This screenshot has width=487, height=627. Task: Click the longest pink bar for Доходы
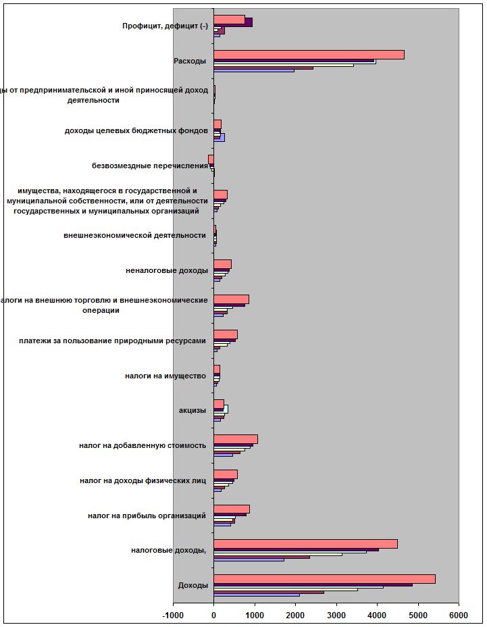(324, 579)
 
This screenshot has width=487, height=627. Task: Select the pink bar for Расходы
(309, 55)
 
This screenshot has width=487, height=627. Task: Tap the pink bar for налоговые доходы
(305, 544)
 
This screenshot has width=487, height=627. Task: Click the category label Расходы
(190, 61)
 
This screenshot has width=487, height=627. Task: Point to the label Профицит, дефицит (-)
(165, 26)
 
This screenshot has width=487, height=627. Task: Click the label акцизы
(193, 410)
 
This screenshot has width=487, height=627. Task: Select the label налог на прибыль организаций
(147, 516)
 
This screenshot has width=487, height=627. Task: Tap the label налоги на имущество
(165, 375)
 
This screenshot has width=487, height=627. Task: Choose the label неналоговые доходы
(167, 270)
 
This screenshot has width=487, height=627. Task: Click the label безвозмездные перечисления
(149, 166)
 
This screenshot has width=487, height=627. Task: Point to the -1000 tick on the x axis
(172, 615)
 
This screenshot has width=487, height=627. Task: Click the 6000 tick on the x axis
(459, 615)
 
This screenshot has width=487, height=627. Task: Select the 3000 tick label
(336, 615)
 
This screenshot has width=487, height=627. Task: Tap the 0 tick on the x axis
(213, 615)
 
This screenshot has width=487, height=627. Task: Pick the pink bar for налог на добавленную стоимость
(236, 439)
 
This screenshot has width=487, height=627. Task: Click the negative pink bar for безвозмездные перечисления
(211, 159)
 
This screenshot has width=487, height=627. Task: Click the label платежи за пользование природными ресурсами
(112, 341)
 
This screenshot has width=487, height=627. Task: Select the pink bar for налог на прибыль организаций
(232, 509)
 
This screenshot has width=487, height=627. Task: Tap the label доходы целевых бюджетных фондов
(136, 130)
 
